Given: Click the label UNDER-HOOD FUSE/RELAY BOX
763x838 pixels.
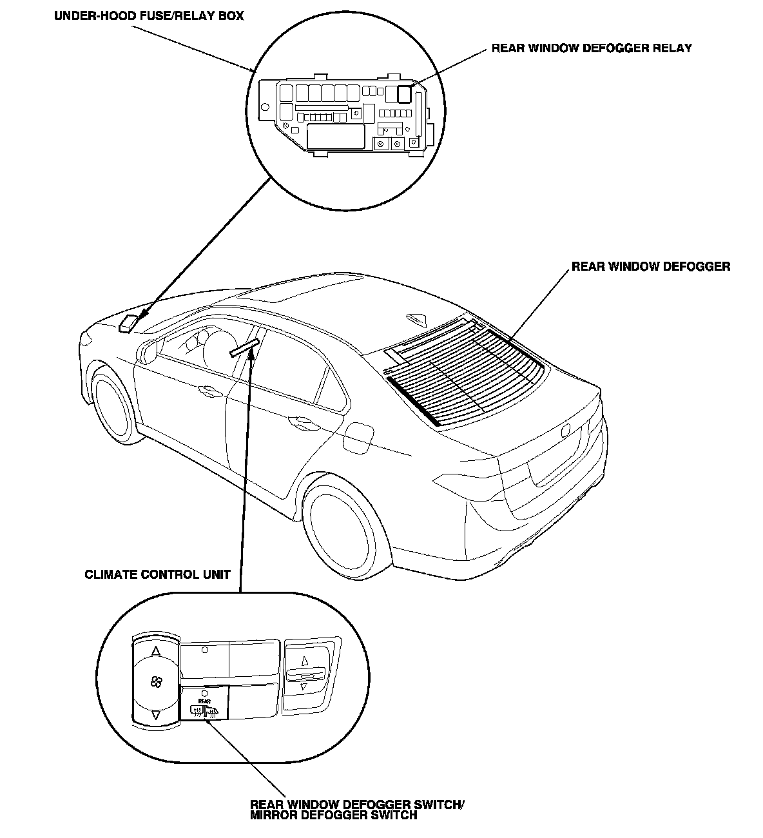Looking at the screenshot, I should [149, 15].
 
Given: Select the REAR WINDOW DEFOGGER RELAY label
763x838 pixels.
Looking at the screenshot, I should [592, 48].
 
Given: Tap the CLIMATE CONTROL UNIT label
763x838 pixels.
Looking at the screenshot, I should [157, 574].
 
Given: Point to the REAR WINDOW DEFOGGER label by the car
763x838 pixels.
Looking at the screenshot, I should [651, 266].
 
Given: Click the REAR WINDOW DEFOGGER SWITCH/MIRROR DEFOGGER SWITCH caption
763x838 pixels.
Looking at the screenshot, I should [356, 810].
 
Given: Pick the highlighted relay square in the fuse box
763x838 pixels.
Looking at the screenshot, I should [405, 94].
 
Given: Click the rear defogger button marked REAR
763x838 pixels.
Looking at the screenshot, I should [204, 704].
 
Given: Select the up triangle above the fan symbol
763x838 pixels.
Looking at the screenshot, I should [155, 652].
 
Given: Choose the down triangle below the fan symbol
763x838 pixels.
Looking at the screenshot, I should [155, 715].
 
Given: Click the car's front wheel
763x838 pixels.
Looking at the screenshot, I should [112, 405].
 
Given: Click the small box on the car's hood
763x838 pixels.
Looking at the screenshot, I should [129, 322].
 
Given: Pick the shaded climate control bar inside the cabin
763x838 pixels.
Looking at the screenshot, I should [244, 347].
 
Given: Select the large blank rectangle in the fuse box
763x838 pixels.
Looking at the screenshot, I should [336, 137].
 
